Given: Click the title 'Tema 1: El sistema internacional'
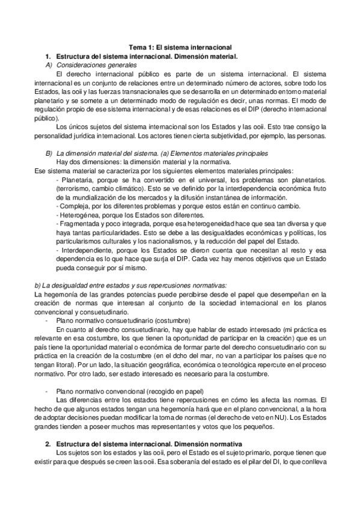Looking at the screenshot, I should coord(181,47).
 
